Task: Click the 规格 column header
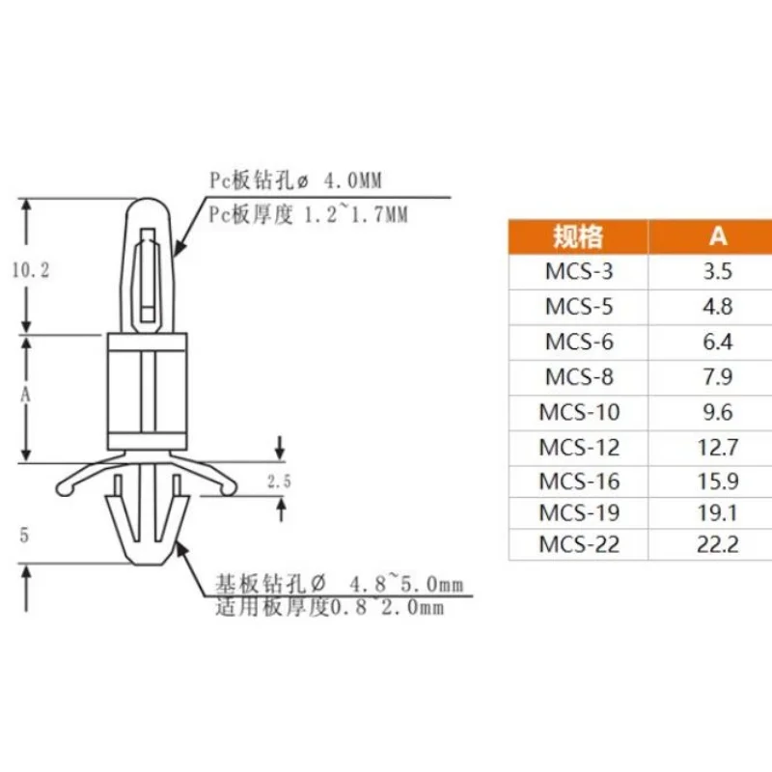578,236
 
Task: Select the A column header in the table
718,236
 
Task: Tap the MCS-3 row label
579,271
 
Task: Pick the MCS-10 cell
579,412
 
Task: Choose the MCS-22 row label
579,544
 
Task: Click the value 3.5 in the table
718,271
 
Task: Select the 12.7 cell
718,447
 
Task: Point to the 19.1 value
718,513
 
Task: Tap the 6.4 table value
718,342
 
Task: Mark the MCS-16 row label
579,481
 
